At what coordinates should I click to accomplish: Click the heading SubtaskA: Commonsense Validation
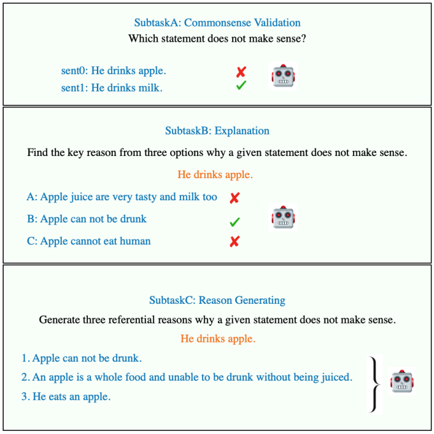coord(217,23)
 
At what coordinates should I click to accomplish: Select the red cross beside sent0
coord(241,72)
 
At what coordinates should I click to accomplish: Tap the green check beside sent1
coord(241,87)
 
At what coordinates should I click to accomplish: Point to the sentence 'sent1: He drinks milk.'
coord(112,88)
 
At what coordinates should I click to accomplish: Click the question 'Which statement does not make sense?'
coord(217,39)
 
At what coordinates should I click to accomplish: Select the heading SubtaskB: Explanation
coord(217,131)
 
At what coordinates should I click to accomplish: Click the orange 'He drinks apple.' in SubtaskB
coord(215,175)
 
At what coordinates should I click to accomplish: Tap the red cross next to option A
coord(234,198)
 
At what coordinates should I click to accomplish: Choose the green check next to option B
coord(234,220)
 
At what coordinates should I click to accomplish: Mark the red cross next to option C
coord(234,242)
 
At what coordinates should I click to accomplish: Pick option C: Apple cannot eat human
coord(88,241)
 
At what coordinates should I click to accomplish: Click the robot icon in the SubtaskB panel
coord(282,218)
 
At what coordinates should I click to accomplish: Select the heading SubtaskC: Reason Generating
coord(217,300)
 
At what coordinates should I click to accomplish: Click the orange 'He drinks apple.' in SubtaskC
coord(218,338)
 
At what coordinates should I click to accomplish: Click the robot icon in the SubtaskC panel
coord(403,381)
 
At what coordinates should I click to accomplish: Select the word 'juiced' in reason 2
coord(337,377)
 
